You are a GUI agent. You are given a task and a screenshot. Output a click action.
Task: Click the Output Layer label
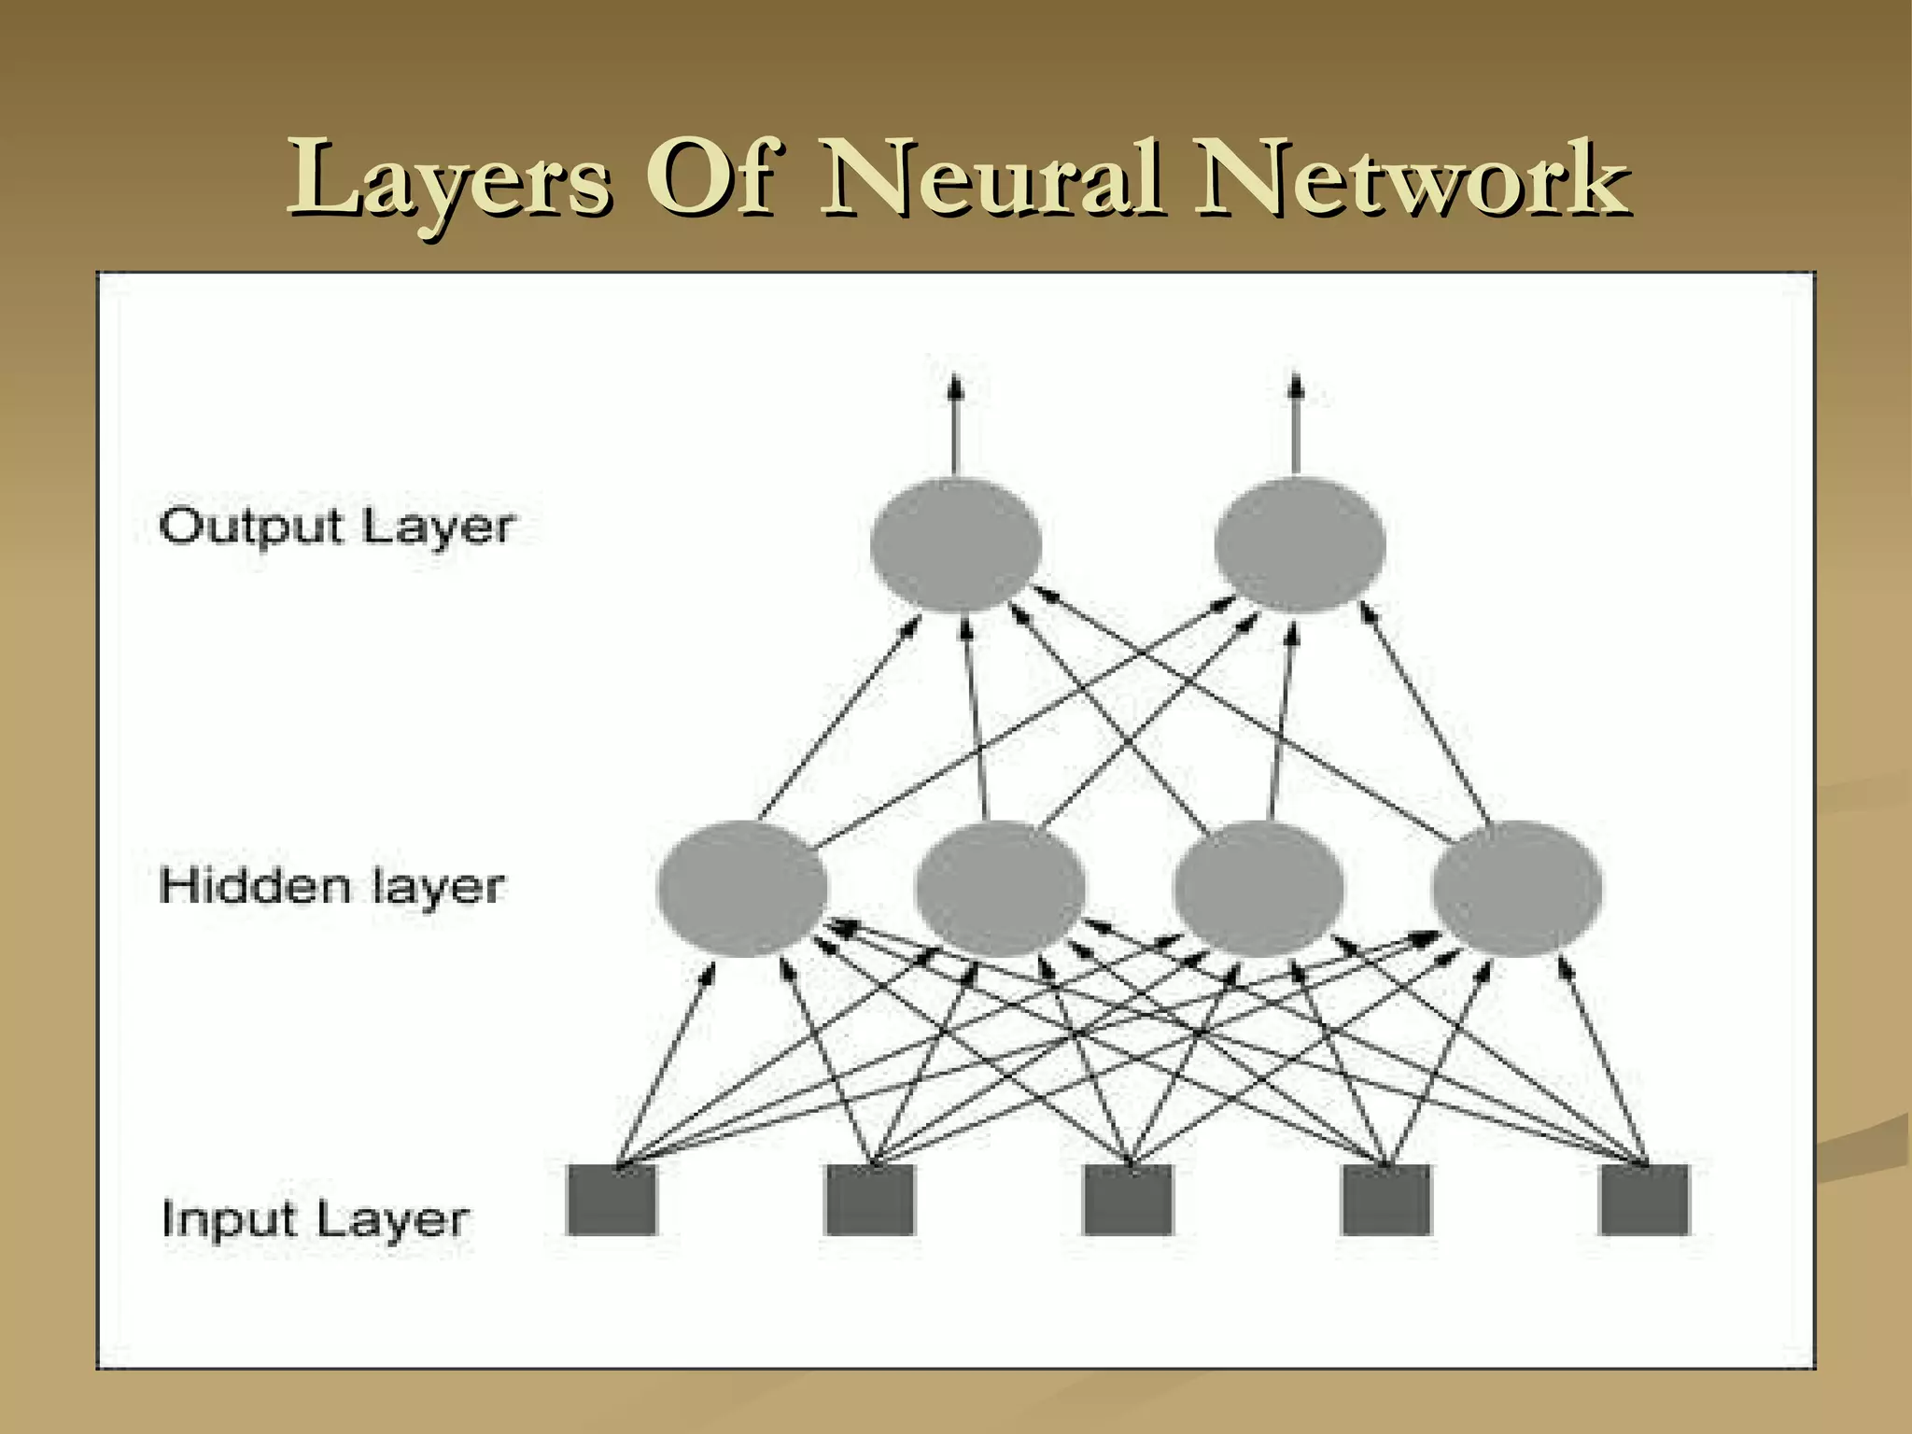[337, 527]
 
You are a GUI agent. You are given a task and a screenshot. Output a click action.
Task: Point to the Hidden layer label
[332, 886]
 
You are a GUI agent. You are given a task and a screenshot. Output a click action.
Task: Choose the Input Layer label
[316, 1219]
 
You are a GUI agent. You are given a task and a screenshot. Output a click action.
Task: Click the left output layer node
[955, 544]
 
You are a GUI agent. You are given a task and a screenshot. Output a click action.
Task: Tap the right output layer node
[1300, 544]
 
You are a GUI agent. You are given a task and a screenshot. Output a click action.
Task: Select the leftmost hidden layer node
[742, 888]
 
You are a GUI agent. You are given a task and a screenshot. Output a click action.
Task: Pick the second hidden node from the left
[1000, 888]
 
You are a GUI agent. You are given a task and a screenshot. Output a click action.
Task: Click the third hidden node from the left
[1258, 888]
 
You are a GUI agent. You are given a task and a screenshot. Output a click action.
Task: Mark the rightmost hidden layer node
[1516, 888]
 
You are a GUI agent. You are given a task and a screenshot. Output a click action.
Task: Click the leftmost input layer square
[612, 1200]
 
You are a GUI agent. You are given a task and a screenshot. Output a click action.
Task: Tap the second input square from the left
[870, 1200]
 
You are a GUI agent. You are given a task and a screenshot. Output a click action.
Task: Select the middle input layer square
[1128, 1200]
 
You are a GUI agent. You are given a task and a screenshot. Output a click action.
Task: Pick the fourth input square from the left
[1386, 1200]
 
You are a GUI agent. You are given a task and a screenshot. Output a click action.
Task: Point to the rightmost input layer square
[1644, 1200]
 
